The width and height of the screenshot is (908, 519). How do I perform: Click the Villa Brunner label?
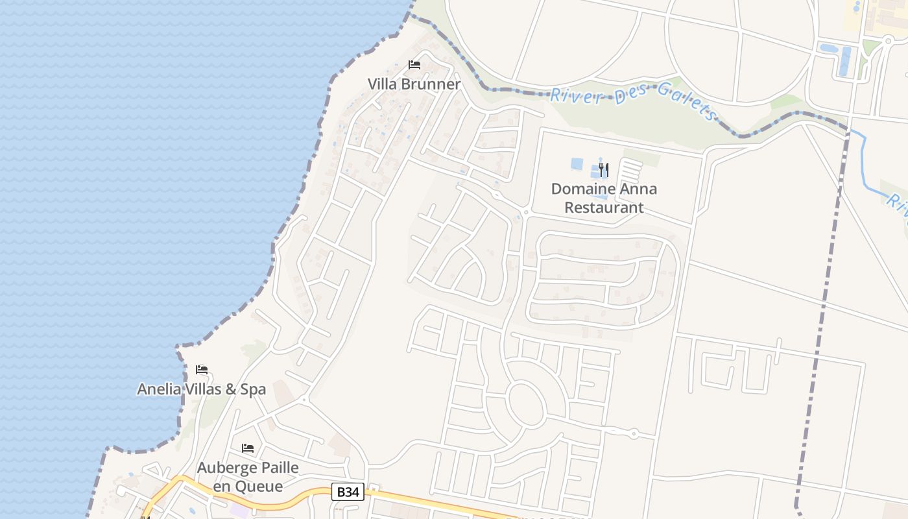pos(414,84)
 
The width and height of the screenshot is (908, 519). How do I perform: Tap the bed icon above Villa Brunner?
pos(414,65)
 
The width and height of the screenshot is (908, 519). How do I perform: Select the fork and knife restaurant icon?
pos(603,170)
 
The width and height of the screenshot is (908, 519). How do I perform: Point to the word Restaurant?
pos(604,208)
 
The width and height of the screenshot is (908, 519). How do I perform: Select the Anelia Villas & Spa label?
pos(201,389)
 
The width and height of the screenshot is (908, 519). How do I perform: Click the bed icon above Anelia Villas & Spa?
pos(202,370)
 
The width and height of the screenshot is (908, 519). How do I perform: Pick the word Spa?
pos(253,389)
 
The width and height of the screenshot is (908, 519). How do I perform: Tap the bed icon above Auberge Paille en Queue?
pos(248,448)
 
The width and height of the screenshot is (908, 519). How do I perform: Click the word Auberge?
pos(226,468)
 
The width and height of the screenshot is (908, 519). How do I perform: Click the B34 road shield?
pos(348,492)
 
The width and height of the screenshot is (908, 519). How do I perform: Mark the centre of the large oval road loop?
pos(527,404)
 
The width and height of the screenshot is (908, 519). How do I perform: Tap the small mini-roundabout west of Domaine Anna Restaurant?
pos(525,211)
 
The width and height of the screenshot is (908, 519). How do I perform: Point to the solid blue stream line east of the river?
pos(866,169)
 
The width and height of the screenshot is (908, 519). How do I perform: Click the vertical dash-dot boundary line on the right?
pos(820,324)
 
